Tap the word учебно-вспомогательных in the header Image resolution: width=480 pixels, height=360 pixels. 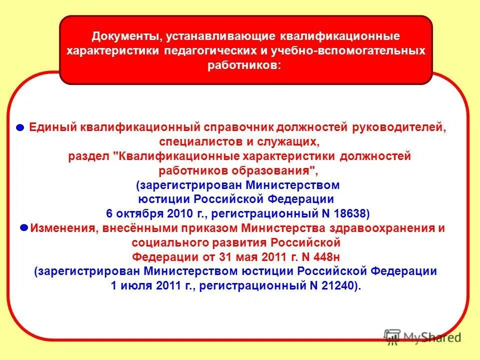(x=356, y=51)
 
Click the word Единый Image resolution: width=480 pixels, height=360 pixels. (x=50, y=127)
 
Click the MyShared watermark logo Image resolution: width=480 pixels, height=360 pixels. (x=422, y=337)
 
